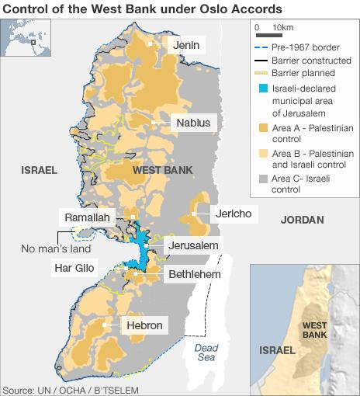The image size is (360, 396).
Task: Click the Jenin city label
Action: [x=186, y=46]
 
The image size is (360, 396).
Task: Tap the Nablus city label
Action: [x=192, y=123]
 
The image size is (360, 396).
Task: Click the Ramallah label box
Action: [x=88, y=217]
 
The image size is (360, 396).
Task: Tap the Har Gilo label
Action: [x=74, y=269]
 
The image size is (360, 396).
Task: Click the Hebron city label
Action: [x=144, y=325]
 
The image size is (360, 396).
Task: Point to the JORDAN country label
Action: [x=302, y=220]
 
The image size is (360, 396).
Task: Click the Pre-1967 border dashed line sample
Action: [x=263, y=47]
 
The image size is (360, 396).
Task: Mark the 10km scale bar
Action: [x=268, y=35]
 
